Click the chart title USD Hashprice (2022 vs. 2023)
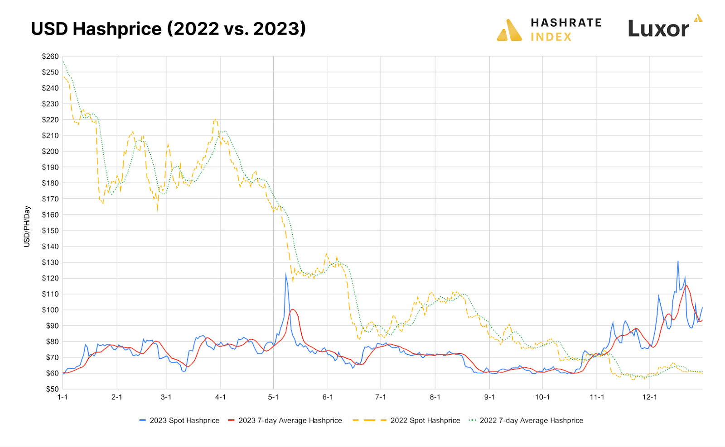(168, 29)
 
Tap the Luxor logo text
(658, 29)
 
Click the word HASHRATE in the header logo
(566, 23)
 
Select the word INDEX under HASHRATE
(551, 37)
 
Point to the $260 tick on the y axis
(50, 57)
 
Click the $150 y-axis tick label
(50, 231)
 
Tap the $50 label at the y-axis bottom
(52, 389)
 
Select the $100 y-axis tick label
(50, 310)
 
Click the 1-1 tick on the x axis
(63, 397)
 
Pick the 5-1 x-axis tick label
(273, 397)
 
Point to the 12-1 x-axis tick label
(649, 397)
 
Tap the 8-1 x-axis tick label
(435, 397)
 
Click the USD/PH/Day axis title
(27, 226)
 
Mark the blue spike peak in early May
(286, 274)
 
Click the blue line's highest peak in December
(678, 261)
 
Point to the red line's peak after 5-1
(293, 309)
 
